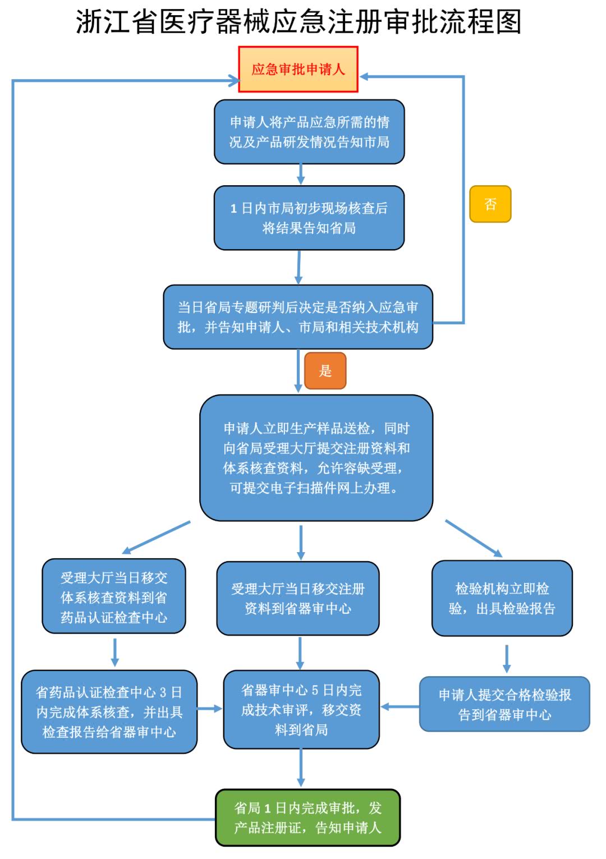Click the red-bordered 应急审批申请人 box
298,69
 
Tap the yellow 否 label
490,204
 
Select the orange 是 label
325,371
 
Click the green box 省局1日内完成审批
307,817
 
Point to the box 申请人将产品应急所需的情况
309,132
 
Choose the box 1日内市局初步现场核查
309,218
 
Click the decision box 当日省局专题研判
298,317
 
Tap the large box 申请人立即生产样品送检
316,458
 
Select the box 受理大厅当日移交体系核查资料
114,596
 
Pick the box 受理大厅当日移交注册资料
298,598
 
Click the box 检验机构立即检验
502,598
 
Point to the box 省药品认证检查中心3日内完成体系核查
109,711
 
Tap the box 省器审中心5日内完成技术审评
301,709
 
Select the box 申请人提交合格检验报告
504,704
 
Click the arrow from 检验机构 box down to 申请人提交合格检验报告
507,658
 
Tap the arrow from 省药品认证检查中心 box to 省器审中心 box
210,709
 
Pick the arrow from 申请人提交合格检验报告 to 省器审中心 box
400,706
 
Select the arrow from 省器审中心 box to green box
301,768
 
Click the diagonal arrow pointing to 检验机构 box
473,538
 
